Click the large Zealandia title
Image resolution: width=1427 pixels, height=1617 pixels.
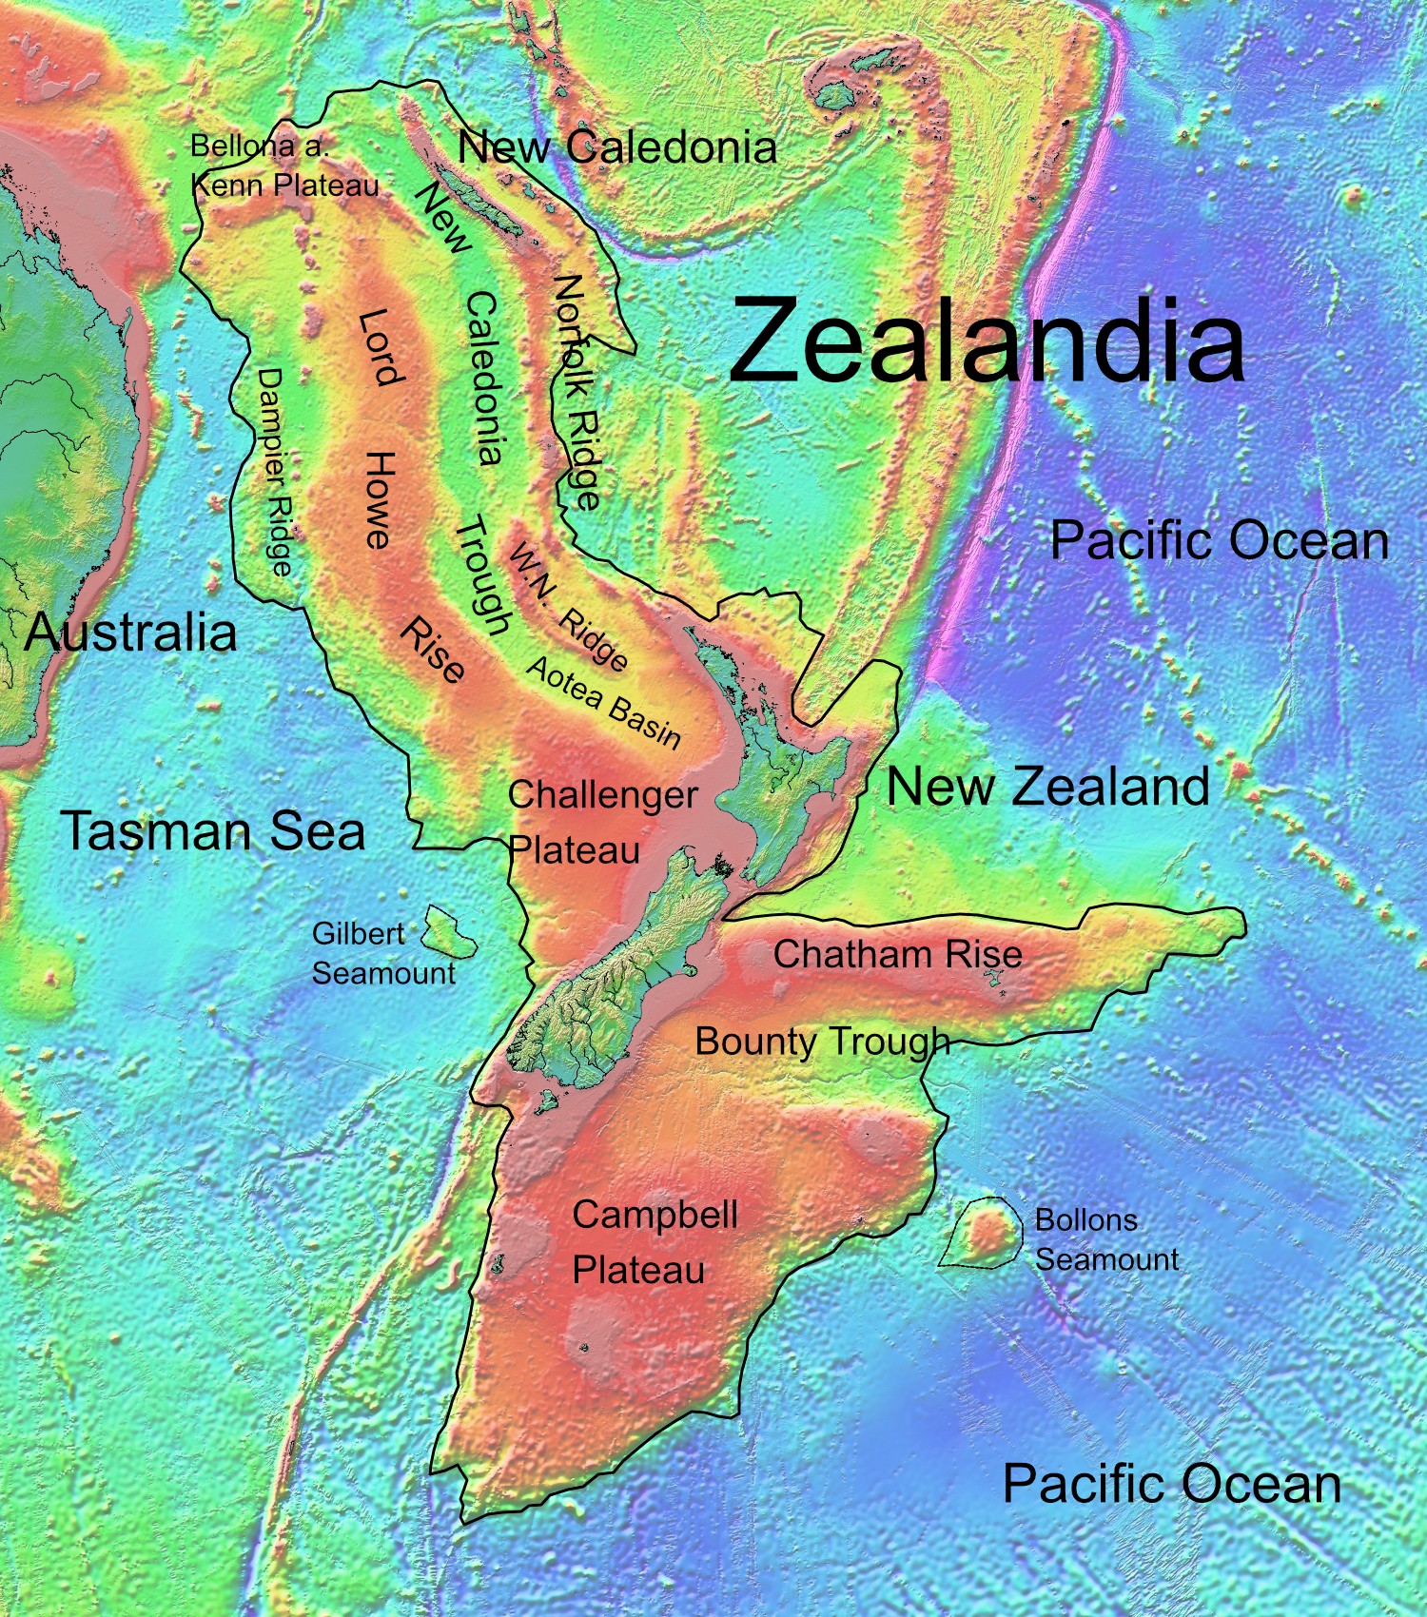[987, 341]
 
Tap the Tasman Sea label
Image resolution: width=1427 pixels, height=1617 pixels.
[213, 829]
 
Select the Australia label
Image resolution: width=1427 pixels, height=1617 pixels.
[131, 632]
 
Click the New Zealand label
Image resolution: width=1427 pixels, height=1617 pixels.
[1047, 787]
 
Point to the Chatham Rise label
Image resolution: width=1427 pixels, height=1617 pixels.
[897, 954]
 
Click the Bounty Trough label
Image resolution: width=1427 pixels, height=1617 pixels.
[822, 1042]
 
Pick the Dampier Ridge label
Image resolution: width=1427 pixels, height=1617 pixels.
[273, 473]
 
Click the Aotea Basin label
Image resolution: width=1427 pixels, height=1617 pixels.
[603, 702]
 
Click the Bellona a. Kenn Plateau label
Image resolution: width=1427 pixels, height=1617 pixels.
[283, 166]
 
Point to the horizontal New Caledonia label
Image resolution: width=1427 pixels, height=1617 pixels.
[616, 146]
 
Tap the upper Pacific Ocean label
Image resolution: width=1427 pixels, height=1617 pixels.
[1218, 540]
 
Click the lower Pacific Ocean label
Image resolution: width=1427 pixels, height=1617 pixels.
[1171, 1483]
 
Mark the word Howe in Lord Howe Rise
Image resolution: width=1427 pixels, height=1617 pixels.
[379, 500]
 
